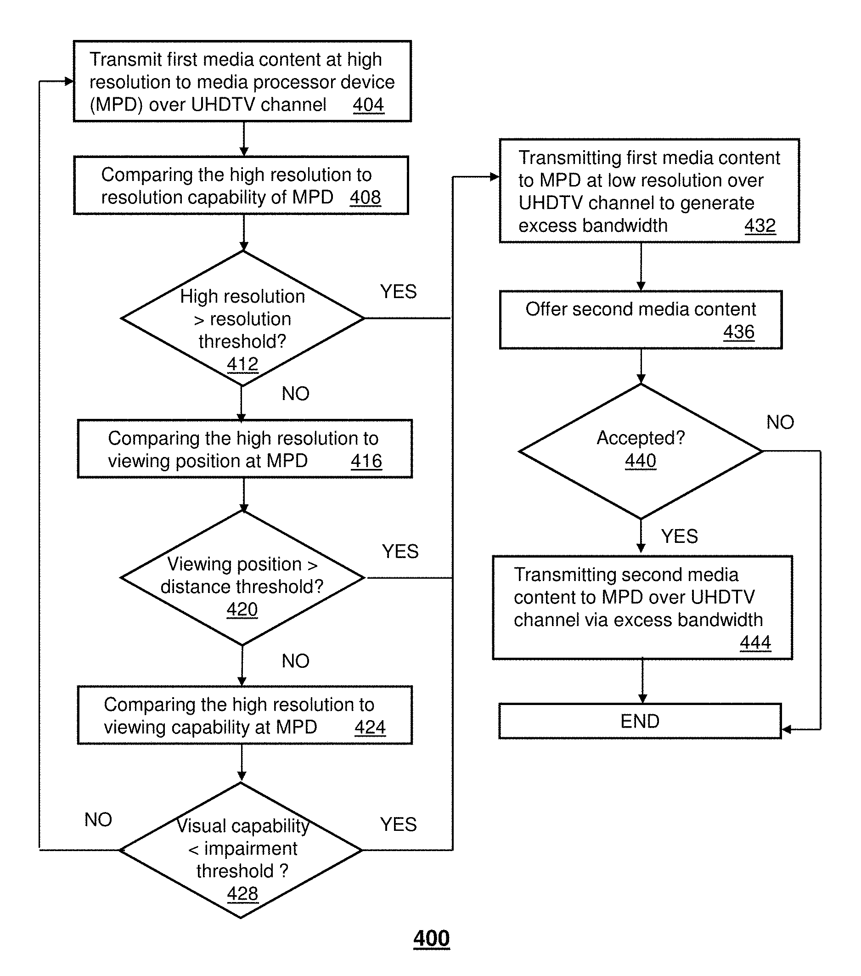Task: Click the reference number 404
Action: pos(368,105)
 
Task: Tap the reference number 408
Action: pos(366,197)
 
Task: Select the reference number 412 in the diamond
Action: pos(242,364)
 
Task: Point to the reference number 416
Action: pos(366,461)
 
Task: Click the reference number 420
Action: pos(242,609)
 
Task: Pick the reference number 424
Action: pos(370,727)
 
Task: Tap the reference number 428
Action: pos(242,893)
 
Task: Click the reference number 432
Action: pos(760,226)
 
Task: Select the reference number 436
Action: pos(739,332)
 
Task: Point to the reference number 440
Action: pos(641,461)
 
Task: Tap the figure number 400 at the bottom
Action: pos(432,939)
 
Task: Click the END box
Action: pos(640,721)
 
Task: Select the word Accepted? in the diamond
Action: pos(641,438)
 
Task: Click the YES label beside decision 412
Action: pos(399,291)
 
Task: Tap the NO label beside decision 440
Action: pos(780,422)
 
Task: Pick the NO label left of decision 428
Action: pos(98,819)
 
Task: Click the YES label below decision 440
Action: pos(680,536)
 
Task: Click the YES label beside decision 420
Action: pos(400,552)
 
